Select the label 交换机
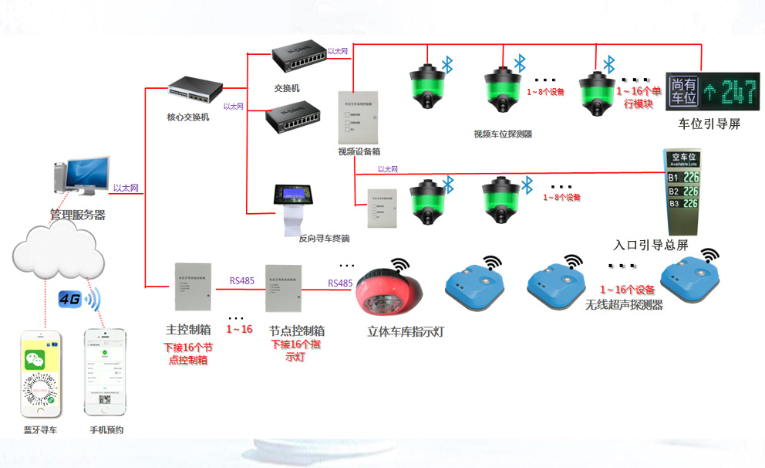286,88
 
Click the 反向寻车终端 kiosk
296,207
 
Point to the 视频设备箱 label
359,152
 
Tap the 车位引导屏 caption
709,124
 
